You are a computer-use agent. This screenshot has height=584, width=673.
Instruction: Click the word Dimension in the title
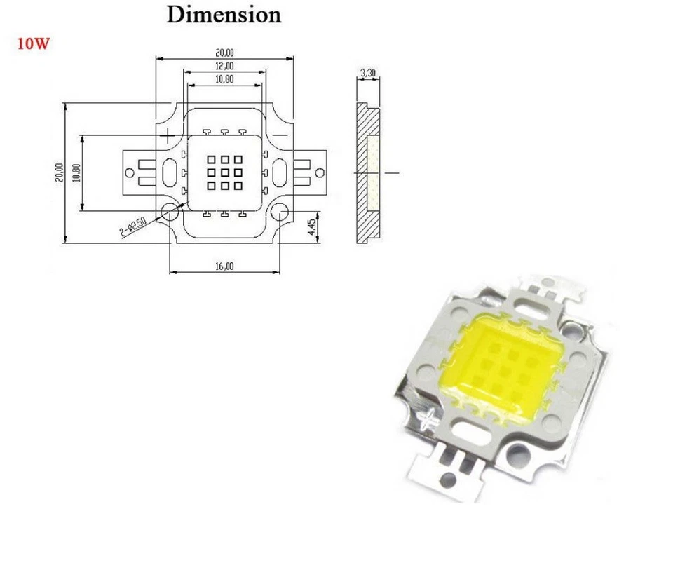[223, 15]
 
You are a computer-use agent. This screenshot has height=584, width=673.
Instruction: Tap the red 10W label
[32, 43]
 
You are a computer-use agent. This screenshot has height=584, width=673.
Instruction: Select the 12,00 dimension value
[224, 65]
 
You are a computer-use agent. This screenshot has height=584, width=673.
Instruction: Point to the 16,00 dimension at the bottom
[224, 266]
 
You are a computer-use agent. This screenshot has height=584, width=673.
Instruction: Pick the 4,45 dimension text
[313, 226]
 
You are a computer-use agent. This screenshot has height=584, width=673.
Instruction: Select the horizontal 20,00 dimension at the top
[224, 52]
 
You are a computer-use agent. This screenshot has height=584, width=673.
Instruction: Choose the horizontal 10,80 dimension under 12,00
[224, 80]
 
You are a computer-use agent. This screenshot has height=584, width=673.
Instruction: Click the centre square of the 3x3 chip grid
[224, 172]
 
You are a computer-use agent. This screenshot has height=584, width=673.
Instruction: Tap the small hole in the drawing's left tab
[130, 172]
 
